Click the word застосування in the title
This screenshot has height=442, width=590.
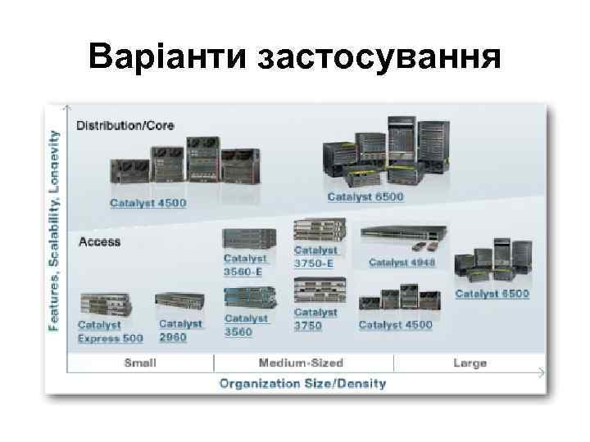(x=379, y=57)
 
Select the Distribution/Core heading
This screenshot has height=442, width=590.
(x=125, y=125)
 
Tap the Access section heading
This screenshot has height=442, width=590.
(x=99, y=241)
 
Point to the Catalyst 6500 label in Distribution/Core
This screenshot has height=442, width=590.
(x=365, y=196)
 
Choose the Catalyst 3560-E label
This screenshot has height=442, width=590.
(x=245, y=264)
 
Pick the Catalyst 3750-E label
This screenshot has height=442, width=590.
(x=315, y=257)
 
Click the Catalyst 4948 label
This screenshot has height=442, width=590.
(x=402, y=262)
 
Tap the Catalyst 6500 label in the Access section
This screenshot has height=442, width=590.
(x=492, y=293)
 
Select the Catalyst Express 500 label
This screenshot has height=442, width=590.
(x=110, y=331)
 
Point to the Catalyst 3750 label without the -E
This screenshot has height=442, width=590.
(x=315, y=318)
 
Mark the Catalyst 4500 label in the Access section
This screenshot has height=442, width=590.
(x=395, y=325)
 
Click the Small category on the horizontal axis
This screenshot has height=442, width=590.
(x=140, y=363)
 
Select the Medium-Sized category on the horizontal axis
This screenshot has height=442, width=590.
(x=300, y=363)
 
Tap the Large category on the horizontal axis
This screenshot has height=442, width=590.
(x=470, y=363)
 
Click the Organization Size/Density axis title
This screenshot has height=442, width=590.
(x=302, y=383)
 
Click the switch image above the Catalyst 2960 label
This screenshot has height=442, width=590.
(x=178, y=303)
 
